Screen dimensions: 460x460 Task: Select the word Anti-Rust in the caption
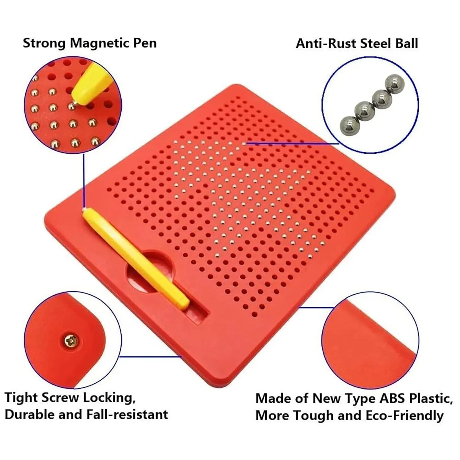coord(326,44)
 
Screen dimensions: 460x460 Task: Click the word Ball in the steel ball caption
coord(406,44)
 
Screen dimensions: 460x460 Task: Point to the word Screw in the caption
coord(60,398)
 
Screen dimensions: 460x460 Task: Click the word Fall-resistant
coord(127,415)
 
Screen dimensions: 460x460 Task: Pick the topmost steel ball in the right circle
coord(395,83)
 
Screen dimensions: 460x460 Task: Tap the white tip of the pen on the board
coord(84,210)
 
